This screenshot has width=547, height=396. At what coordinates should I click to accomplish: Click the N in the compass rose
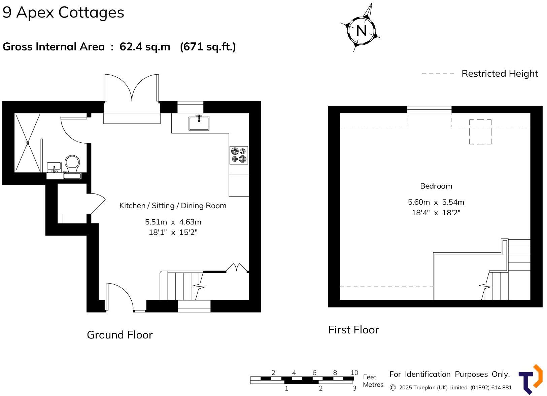pos(361,31)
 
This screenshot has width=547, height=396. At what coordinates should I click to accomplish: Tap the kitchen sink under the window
pos(199,123)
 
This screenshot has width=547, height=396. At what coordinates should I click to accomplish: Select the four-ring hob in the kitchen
pos(239,155)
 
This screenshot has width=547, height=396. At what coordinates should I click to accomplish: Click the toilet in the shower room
pos(72,164)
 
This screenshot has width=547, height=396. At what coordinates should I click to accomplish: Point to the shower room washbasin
pos(54,166)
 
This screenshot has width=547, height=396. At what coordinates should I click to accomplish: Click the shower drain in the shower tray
pos(28,143)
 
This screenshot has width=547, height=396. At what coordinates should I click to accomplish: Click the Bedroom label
pos(436,186)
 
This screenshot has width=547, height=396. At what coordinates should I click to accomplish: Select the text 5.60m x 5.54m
pos(436,202)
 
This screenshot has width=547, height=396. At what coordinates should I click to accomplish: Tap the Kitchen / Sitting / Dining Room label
pos(173,206)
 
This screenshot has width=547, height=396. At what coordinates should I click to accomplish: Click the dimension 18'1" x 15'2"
pos(173,232)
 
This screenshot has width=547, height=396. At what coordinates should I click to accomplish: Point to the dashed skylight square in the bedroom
pos(480,132)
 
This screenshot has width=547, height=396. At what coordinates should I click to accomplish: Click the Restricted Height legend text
pos(500,73)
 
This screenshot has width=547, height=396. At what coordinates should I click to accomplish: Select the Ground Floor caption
pos(119,335)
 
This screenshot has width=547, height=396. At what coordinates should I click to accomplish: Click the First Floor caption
pos(353,330)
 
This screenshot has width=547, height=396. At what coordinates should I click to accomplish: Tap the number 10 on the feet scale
pos(354,372)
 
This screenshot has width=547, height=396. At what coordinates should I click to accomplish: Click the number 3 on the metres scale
pos(354,388)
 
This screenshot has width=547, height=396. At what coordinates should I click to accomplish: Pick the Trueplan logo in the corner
pos(531,379)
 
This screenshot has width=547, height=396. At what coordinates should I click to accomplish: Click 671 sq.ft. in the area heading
pos(208,46)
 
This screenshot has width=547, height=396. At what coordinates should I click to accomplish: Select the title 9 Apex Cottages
pos(63,12)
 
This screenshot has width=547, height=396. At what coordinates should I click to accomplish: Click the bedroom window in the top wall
pos(429,109)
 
